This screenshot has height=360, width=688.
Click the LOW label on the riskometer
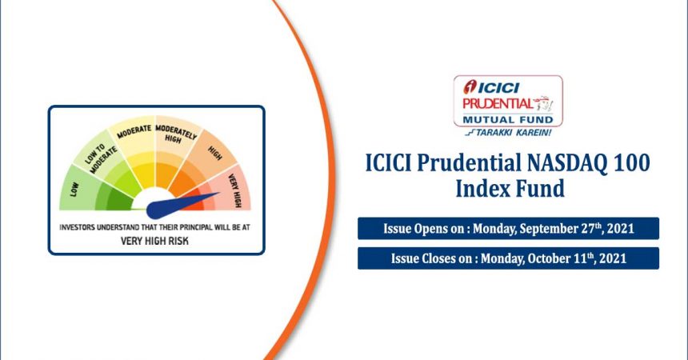click(x=74, y=190)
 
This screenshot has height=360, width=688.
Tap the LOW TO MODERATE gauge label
click(x=101, y=158)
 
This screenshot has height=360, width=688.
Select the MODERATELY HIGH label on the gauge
click(x=175, y=133)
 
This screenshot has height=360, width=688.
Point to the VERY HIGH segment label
click(x=235, y=190)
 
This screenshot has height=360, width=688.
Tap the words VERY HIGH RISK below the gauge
click(x=154, y=241)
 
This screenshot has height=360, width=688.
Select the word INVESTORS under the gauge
click(x=77, y=227)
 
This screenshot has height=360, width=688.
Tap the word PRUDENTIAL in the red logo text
click(x=498, y=104)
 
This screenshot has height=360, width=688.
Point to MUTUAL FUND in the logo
click(x=508, y=120)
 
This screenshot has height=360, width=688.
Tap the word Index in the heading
click(x=482, y=188)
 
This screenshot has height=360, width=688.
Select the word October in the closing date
click(x=549, y=258)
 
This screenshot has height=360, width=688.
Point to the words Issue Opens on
click(x=424, y=229)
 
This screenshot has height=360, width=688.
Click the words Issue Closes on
click(x=432, y=258)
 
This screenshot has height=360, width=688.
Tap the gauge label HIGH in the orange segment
click(x=214, y=154)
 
